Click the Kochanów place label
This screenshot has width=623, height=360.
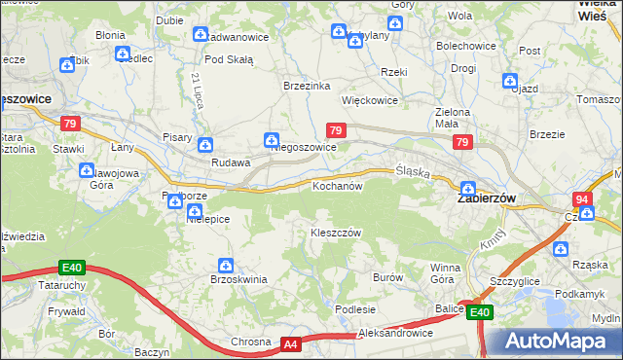[337, 185]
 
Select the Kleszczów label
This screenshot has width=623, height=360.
[336, 234]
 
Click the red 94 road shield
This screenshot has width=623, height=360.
[582, 199]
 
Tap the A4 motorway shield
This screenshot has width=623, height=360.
[291, 343]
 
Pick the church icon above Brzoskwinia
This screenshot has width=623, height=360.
[226, 265]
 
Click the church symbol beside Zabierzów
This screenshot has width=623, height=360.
[468, 189]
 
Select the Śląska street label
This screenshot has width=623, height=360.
[413, 171]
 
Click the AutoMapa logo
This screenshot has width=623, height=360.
[554, 342]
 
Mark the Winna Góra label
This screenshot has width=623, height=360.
[445, 272]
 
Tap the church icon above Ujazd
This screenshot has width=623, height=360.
[508, 80]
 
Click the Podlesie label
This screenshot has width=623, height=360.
[355, 308]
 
